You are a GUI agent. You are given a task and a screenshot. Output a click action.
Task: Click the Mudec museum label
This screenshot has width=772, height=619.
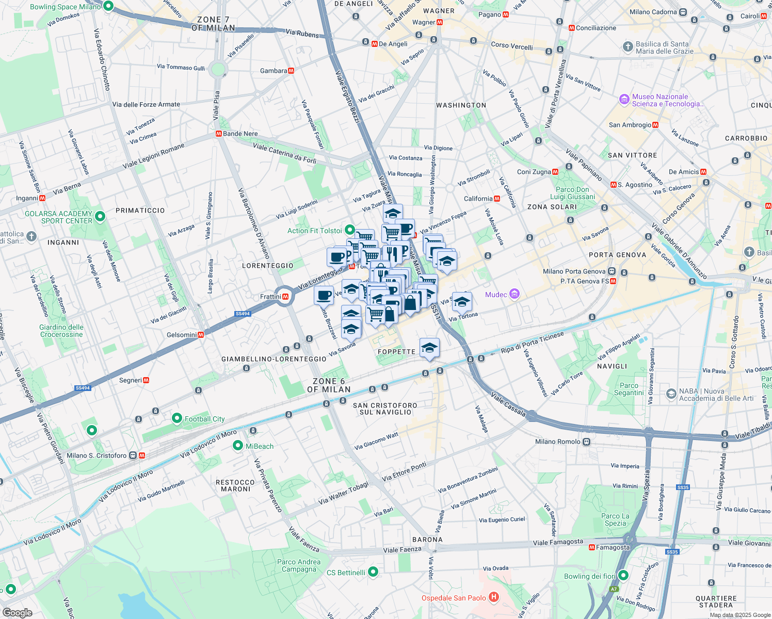click(496, 295)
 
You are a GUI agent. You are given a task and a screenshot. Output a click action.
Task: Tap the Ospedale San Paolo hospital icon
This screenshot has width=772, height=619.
click(494, 597)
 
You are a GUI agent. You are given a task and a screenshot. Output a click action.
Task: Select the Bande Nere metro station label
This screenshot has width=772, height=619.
click(240, 134)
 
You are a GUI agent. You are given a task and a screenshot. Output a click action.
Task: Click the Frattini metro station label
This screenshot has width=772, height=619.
click(270, 297)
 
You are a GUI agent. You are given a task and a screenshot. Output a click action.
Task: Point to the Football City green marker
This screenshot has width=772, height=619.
click(177, 418)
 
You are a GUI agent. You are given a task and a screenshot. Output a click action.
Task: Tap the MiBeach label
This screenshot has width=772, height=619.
click(260, 446)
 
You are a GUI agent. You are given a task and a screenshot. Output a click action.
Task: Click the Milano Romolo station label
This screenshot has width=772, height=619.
click(558, 442)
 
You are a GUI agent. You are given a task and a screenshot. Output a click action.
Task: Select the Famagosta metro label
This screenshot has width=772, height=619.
click(613, 547)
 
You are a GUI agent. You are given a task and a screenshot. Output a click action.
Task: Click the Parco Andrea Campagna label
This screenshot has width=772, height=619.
click(299, 565)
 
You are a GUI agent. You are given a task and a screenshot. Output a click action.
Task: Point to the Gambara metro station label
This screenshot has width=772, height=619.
click(274, 71)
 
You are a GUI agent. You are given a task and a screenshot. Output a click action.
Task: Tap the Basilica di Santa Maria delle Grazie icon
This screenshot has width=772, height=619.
click(628, 47)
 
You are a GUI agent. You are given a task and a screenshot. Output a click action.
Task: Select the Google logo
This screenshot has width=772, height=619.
click(17, 613)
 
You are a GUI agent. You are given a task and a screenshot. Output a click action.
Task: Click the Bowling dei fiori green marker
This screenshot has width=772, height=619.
click(623, 575)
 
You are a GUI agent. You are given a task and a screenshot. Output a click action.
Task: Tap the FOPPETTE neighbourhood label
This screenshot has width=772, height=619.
click(396, 352)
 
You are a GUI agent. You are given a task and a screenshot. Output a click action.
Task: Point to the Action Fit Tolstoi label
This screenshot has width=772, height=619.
click(315, 231)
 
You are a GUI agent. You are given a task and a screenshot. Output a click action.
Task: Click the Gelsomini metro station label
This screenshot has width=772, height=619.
click(182, 335)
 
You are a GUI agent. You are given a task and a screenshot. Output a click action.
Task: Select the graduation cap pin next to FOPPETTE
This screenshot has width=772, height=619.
click(429, 348)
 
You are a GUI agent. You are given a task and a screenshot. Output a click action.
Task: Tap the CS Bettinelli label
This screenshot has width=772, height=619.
click(346, 573)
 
